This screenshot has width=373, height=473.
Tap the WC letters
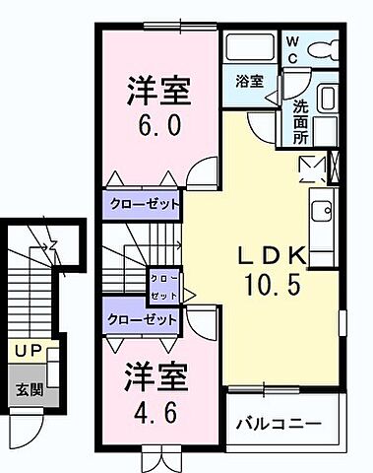point(294,49)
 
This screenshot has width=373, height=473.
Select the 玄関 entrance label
point(28,387)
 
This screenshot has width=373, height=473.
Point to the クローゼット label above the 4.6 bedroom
point(142,319)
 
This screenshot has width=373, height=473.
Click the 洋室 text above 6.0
point(156,91)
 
